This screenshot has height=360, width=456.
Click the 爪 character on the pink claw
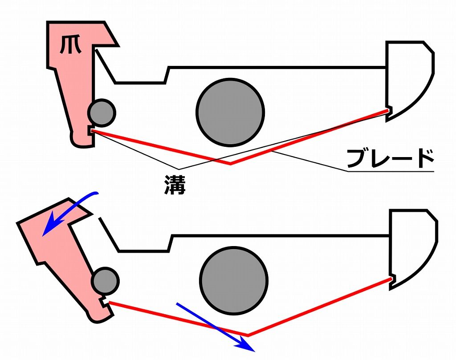70,45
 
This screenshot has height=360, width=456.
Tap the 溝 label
175,185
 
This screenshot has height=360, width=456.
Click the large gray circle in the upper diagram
230,112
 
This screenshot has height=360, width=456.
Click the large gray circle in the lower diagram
234,281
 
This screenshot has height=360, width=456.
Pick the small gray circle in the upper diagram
102,113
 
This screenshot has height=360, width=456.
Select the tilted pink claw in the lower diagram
62,256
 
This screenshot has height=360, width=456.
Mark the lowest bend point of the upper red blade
230,164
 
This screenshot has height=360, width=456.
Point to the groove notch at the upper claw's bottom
90,131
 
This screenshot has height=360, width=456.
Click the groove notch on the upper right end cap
389,111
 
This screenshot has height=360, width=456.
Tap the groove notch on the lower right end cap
393,279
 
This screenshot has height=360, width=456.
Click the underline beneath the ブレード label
391,171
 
